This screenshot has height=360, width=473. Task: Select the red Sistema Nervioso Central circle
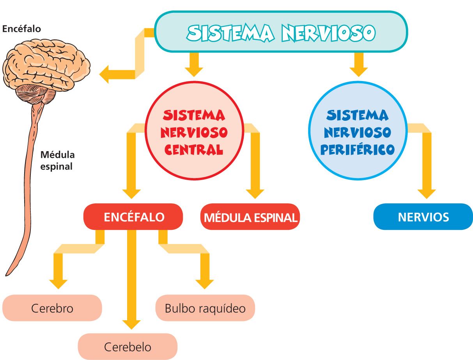click(x=194, y=132)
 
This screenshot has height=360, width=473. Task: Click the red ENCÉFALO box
click(x=133, y=217)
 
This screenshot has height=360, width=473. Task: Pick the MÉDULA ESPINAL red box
click(x=250, y=217)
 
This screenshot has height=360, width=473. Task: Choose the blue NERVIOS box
click(x=423, y=217)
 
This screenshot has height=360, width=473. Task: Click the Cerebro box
click(x=52, y=308)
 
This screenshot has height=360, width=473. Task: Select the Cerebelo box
click(x=128, y=346)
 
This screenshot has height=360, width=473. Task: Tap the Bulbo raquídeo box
click(x=205, y=308)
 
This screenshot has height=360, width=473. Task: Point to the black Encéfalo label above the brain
click(x=21, y=29)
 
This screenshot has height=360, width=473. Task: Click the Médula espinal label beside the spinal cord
click(x=57, y=161)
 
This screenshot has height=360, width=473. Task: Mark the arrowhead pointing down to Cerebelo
click(x=131, y=324)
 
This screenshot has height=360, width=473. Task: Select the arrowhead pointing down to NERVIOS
click(x=427, y=193)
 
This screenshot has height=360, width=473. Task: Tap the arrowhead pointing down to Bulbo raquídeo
click(x=205, y=283)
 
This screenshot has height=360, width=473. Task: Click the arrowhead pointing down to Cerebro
click(x=58, y=283)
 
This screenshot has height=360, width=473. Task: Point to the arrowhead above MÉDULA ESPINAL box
click(x=255, y=193)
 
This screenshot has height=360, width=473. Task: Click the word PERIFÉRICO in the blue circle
click(x=357, y=150)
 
